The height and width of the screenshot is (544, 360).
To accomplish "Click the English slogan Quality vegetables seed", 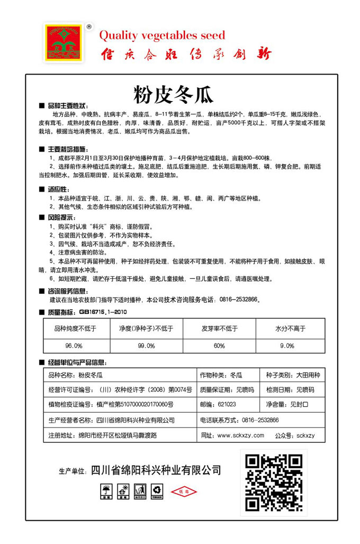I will (163, 35).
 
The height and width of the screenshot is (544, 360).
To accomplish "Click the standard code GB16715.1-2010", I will (102, 312).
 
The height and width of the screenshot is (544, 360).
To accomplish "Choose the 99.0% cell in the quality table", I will (146, 346).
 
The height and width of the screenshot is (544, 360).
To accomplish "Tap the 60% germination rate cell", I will (219, 346).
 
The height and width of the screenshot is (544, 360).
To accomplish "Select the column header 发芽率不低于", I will (219, 328).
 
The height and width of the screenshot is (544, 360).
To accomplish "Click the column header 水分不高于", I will (290, 328).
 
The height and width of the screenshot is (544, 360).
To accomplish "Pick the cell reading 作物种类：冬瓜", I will (221, 375).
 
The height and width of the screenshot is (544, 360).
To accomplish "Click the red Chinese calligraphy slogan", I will (185, 54).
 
